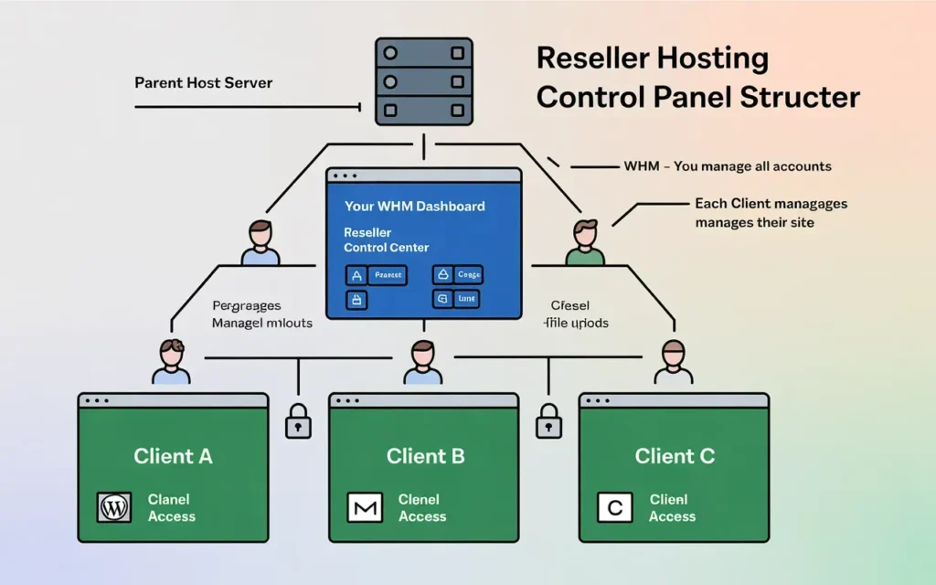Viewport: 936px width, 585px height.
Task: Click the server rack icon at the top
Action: click(423, 81)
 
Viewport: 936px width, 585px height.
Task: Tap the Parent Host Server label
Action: click(203, 83)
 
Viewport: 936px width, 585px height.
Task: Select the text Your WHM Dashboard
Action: click(414, 207)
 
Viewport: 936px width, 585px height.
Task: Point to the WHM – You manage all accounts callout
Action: click(728, 166)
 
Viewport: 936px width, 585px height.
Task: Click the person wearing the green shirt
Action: click(585, 243)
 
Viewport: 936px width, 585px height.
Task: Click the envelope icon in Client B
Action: click(364, 507)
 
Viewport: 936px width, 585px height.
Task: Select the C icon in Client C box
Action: click(614, 507)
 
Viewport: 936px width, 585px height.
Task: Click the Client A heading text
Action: click(173, 456)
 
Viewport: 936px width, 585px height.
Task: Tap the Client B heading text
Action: click(425, 456)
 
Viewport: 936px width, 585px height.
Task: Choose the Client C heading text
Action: click(675, 456)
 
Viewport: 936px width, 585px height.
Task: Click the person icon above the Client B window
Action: click(422, 362)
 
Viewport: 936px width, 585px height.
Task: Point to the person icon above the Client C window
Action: click(673, 362)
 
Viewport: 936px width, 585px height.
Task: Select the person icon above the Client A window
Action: click(172, 362)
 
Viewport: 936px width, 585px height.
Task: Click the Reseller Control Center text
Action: click(386, 240)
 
